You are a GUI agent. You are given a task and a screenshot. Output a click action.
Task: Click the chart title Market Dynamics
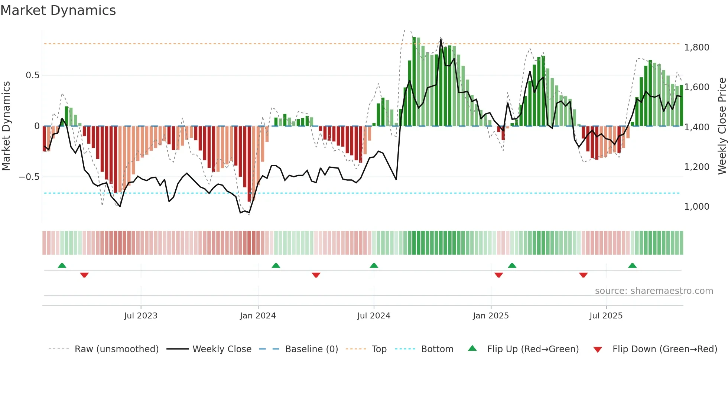(58, 10)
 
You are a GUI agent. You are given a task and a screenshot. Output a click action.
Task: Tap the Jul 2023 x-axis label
(141, 316)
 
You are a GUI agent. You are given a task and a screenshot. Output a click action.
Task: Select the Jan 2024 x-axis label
(258, 316)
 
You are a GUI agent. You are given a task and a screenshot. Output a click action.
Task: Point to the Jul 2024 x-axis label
(374, 316)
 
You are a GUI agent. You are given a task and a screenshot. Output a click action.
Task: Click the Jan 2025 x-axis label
(491, 316)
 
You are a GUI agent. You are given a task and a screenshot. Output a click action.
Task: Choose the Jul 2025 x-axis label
(606, 316)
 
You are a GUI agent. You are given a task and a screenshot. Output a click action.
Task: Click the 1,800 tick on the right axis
(697, 48)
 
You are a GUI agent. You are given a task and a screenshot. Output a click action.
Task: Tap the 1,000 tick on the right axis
(697, 207)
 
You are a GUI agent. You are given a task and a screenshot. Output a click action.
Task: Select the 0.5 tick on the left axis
(32, 75)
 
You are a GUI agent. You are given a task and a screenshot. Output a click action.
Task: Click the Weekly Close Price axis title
(722, 126)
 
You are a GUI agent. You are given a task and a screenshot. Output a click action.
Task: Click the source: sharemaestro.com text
(654, 291)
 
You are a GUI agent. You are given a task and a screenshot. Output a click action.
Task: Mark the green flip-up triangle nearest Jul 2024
(374, 266)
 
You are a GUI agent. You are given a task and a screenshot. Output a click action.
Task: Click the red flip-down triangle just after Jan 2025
(499, 275)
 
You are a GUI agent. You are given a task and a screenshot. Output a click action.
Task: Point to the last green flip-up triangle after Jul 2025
(632, 266)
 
